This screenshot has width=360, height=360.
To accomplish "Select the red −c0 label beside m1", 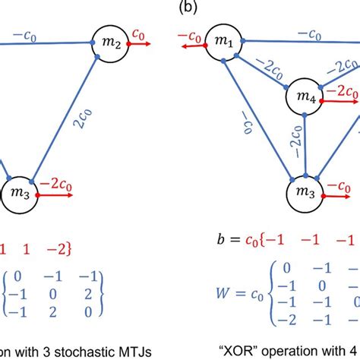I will click(191, 34).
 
